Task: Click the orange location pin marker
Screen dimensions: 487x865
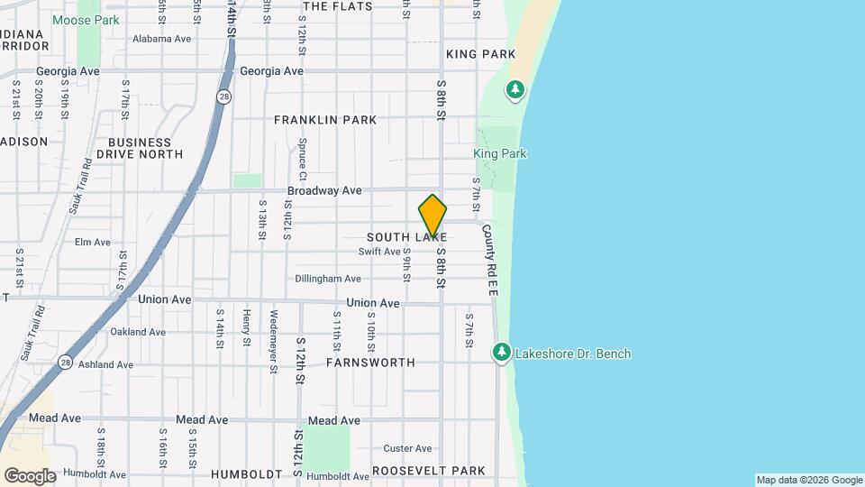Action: (x=432, y=216)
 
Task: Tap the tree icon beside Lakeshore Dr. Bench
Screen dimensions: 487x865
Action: (x=502, y=353)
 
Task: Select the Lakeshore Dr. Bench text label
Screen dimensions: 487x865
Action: (x=572, y=354)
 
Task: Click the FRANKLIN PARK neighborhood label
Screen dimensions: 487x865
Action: (x=325, y=120)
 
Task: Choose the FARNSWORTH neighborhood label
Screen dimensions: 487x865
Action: (x=370, y=363)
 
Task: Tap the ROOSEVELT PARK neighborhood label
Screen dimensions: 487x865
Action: (x=429, y=471)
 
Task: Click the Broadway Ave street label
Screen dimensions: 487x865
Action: (x=324, y=191)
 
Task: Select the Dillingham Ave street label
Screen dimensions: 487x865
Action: (x=328, y=279)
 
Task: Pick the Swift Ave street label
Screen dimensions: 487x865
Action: (x=378, y=252)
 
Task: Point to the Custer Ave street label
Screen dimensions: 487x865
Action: (x=408, y=448)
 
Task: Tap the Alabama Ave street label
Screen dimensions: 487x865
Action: (x=162, y=39)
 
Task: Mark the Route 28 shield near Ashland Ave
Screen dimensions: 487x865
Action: (x=65, y=362)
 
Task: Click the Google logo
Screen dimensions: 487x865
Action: (x=30, y=476)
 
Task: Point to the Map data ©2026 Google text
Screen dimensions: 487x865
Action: (x=808, y=480)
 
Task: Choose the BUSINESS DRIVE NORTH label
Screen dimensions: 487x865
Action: (x=140, y=148)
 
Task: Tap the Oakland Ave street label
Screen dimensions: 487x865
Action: (x=138, y=332)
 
